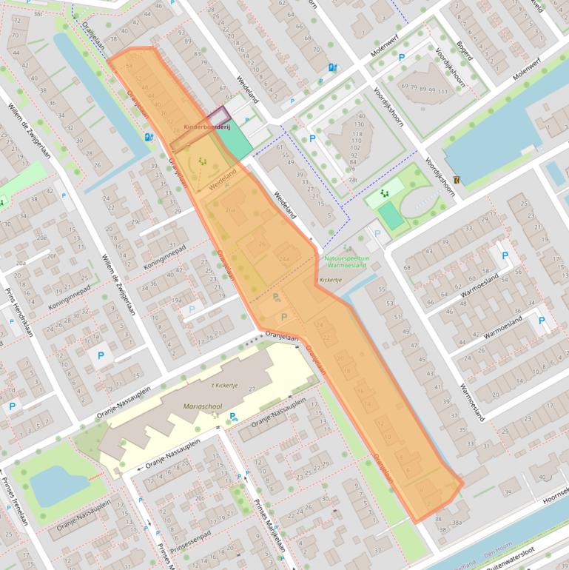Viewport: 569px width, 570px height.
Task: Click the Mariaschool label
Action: click(x=202, y=406)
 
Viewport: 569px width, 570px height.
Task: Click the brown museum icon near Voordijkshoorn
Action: click(x=457, y=180)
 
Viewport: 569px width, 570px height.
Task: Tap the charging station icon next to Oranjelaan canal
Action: click(x=149, y=137)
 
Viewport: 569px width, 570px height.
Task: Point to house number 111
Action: click(x=442, y=90)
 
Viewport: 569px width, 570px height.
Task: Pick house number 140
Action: click(x=360, y=116)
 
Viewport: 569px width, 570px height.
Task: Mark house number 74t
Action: click(x=353, y=180)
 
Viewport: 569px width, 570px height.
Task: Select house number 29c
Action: click(x=135, y=222)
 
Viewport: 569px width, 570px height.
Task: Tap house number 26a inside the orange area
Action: click(x=229, y=210)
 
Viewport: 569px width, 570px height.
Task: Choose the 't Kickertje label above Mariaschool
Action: click(x=224, y=386)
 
